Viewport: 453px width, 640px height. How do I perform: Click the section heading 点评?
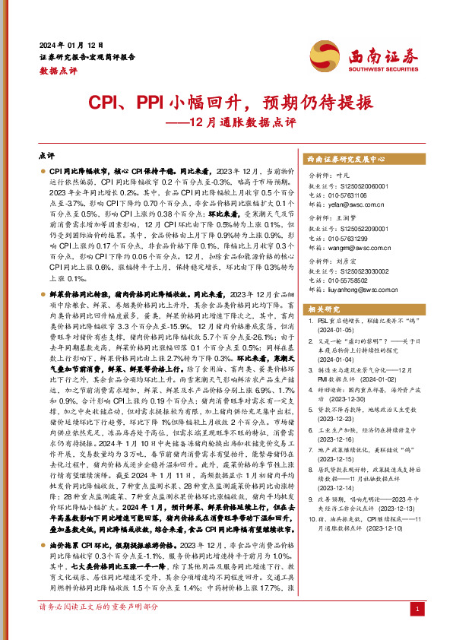pyautogui.click(x=46, y=155)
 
